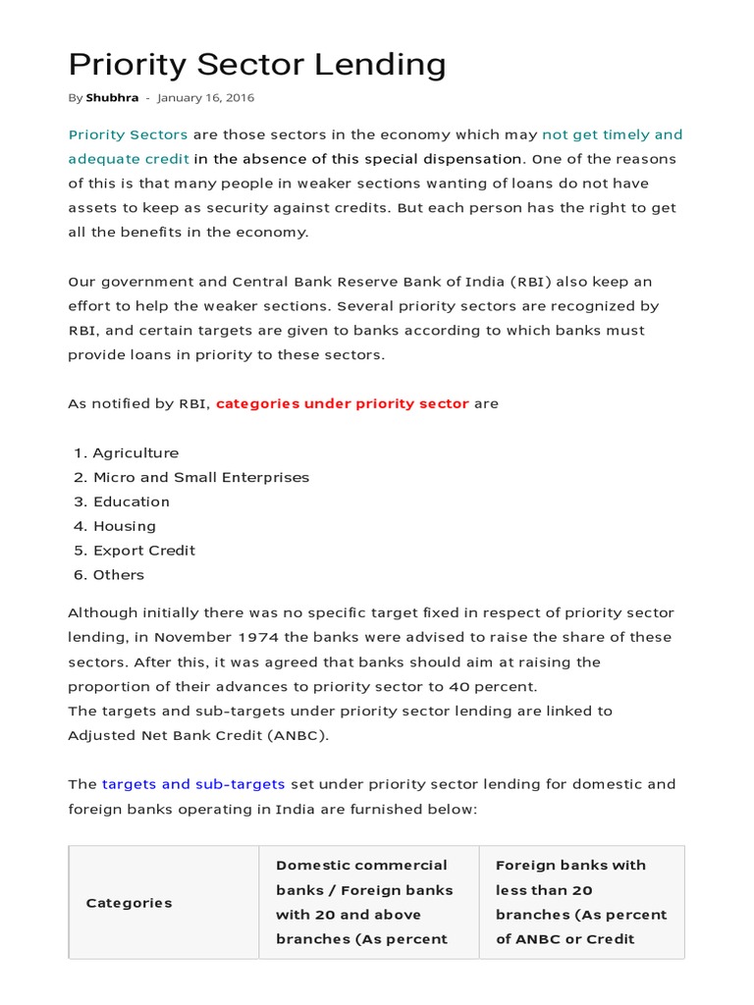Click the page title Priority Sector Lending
pyautogui.click(x=256, y=65)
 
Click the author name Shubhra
pyautogui.click(x=112, y=98)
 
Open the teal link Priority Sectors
pyautogui.click(x=128, y=134)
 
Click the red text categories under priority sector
pyautogui.click(x=343, y=403)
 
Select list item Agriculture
pyautogui.click(x=135, y=453)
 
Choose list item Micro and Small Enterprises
pyautogui.click(x=200, y=478)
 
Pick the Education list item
pyautogui.click(x=132, y=502)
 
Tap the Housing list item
pyautogui.click(x=125, y=526)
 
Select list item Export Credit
pyautogui.click(x=144, y=551)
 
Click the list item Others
pyautogui.click(x=119, y=575)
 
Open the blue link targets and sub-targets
pyautogui.click(x=193, y=784)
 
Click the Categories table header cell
pyautogui.click(x=129, y=903)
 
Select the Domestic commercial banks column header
pyautogui.click(x=364, y=902)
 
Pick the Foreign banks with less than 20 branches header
pyautogui.click(x=581, y=902)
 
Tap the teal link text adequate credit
pyautogui.click(x=129, y=159)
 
